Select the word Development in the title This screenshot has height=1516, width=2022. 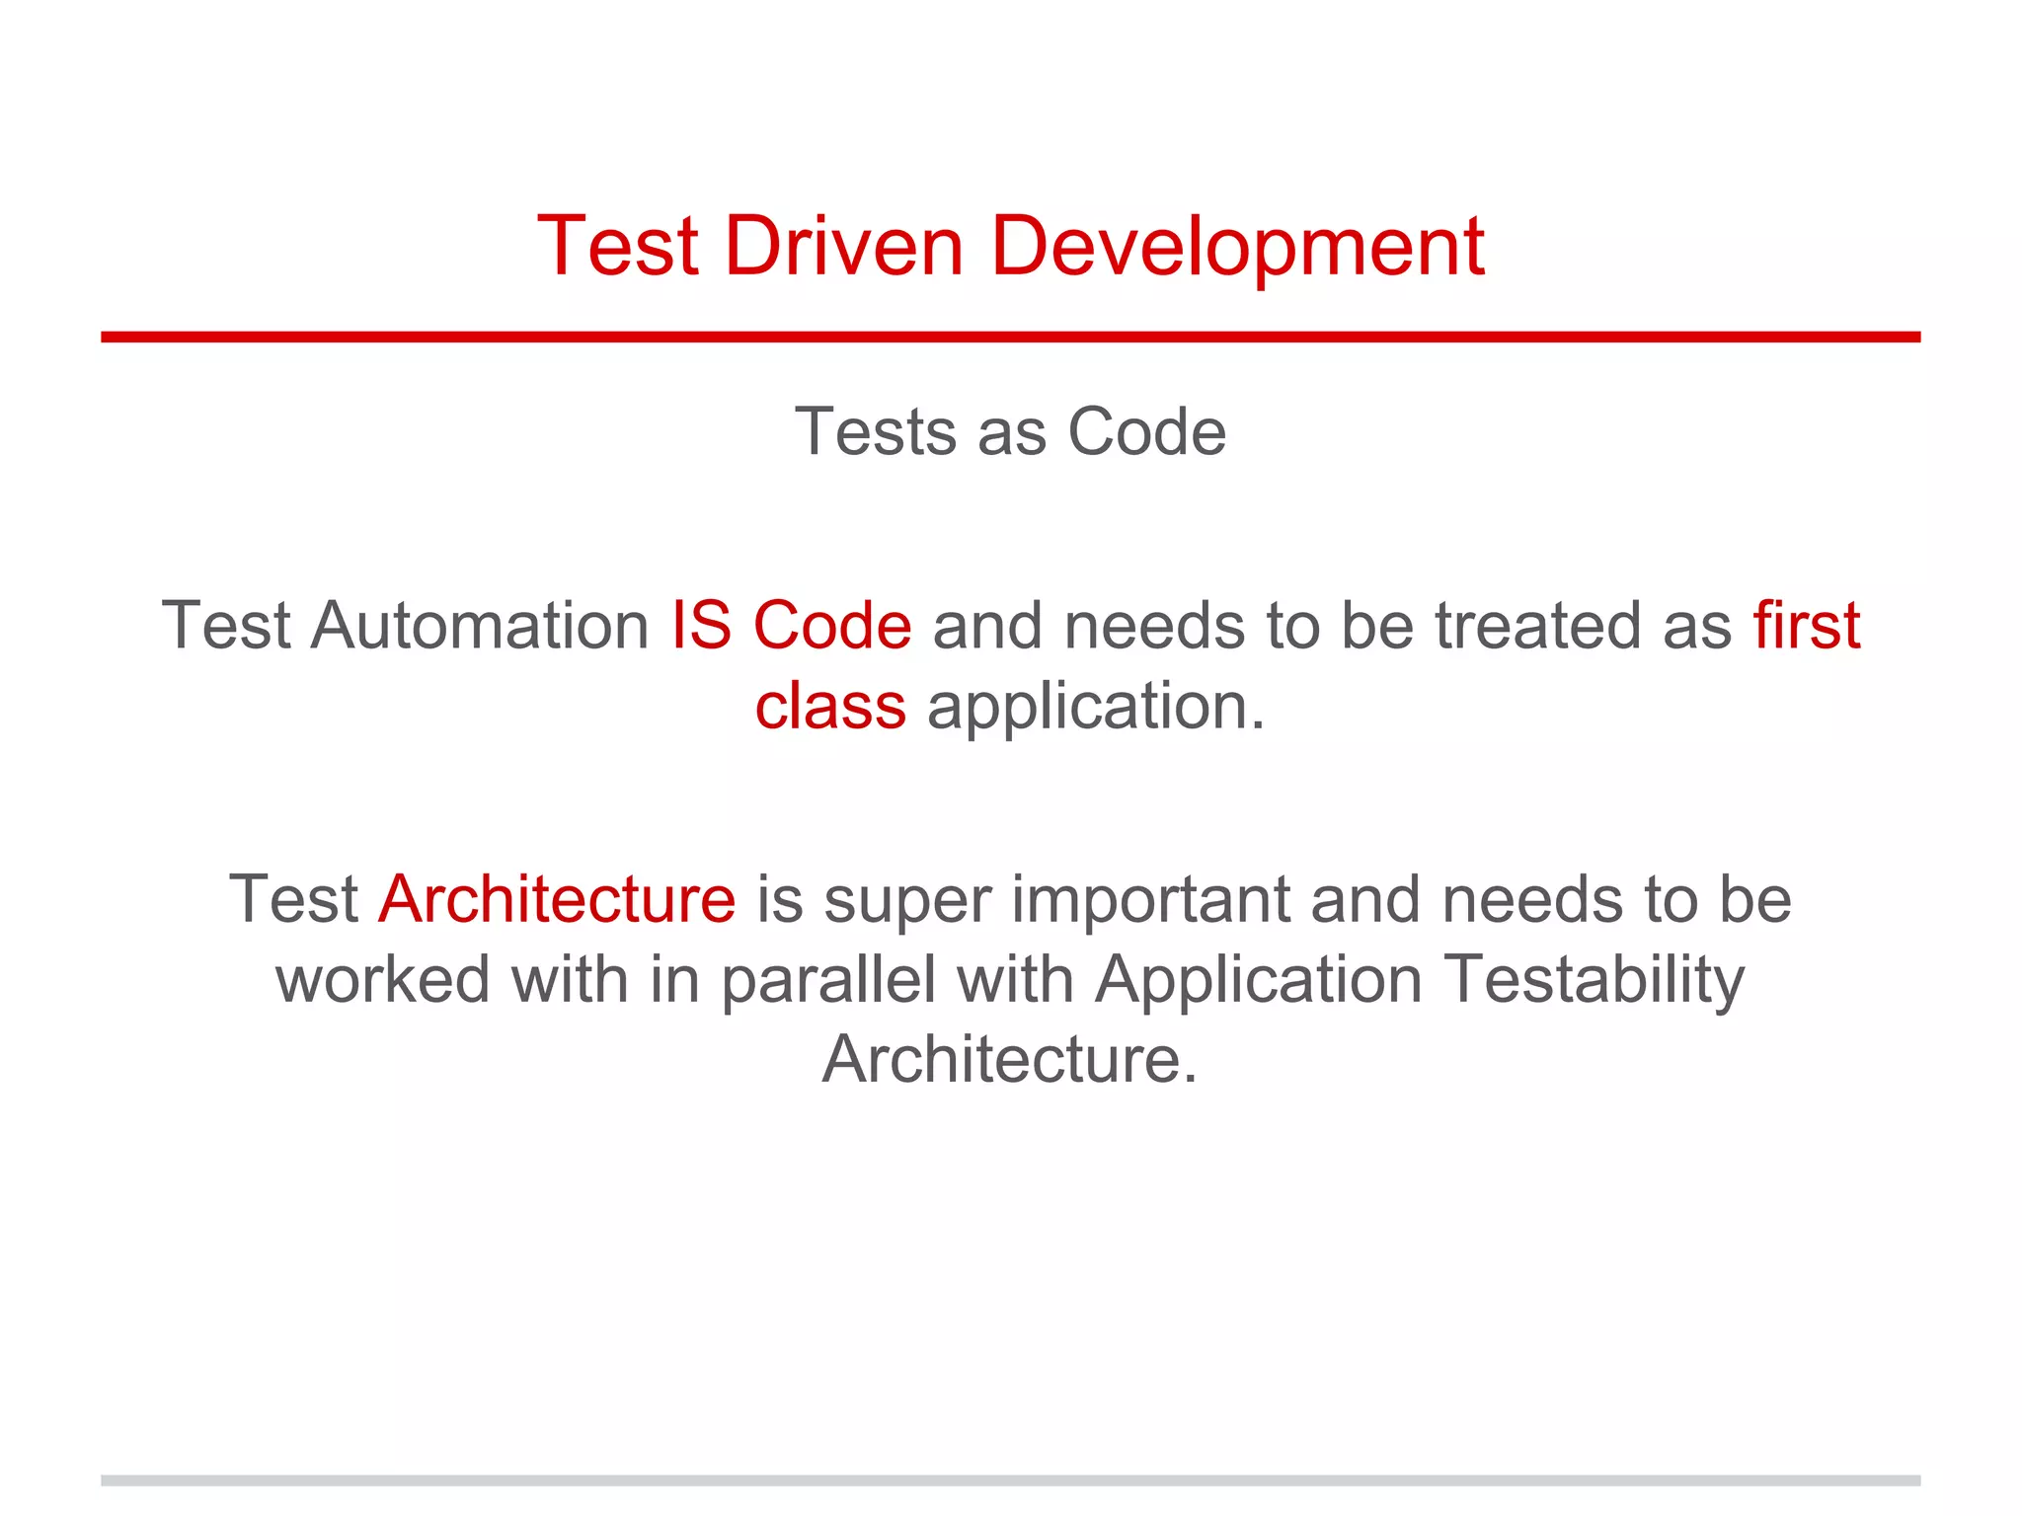(x=1237, y=248)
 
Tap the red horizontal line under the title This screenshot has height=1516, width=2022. (x=1010, y=338)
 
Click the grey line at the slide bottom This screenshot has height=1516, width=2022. (x=1010, y=1480)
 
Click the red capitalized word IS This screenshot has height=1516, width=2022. (x=701, y=626)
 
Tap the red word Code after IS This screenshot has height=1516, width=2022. (x=831, y=626)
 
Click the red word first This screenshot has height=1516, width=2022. (x=1806, y=626)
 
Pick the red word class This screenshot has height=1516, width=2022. (x=829, y=707)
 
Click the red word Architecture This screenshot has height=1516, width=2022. (x=557, y=899)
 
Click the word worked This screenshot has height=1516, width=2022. (x=382, y=980)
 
